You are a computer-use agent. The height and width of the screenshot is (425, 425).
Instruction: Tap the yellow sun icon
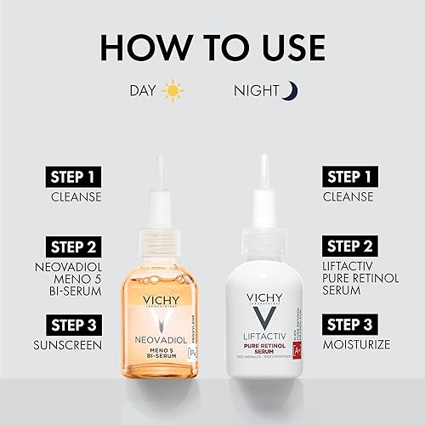(173, 90)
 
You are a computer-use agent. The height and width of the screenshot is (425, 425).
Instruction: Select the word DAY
(142, 90)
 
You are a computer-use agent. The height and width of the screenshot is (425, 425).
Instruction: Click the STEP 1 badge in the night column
(353, 178)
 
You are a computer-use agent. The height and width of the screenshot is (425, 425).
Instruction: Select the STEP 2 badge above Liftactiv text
(353, 246)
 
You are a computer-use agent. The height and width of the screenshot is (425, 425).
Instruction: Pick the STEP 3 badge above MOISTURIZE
(353, 325)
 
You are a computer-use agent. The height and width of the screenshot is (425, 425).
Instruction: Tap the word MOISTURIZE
(355, 346)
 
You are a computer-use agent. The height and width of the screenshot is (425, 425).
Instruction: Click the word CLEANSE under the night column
(347, 198)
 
